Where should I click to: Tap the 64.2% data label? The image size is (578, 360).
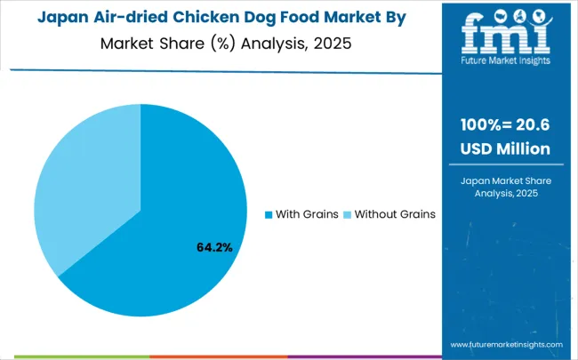click(214, 247)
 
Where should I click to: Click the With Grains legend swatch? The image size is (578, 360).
click(269, 215)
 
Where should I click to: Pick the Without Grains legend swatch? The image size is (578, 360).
click(348, 215)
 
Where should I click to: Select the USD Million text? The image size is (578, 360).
click(505, 148)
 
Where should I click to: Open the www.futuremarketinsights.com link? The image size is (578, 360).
click(506, 344)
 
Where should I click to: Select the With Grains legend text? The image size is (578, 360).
click(307, 215)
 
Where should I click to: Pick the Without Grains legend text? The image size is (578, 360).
click(395, 215)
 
